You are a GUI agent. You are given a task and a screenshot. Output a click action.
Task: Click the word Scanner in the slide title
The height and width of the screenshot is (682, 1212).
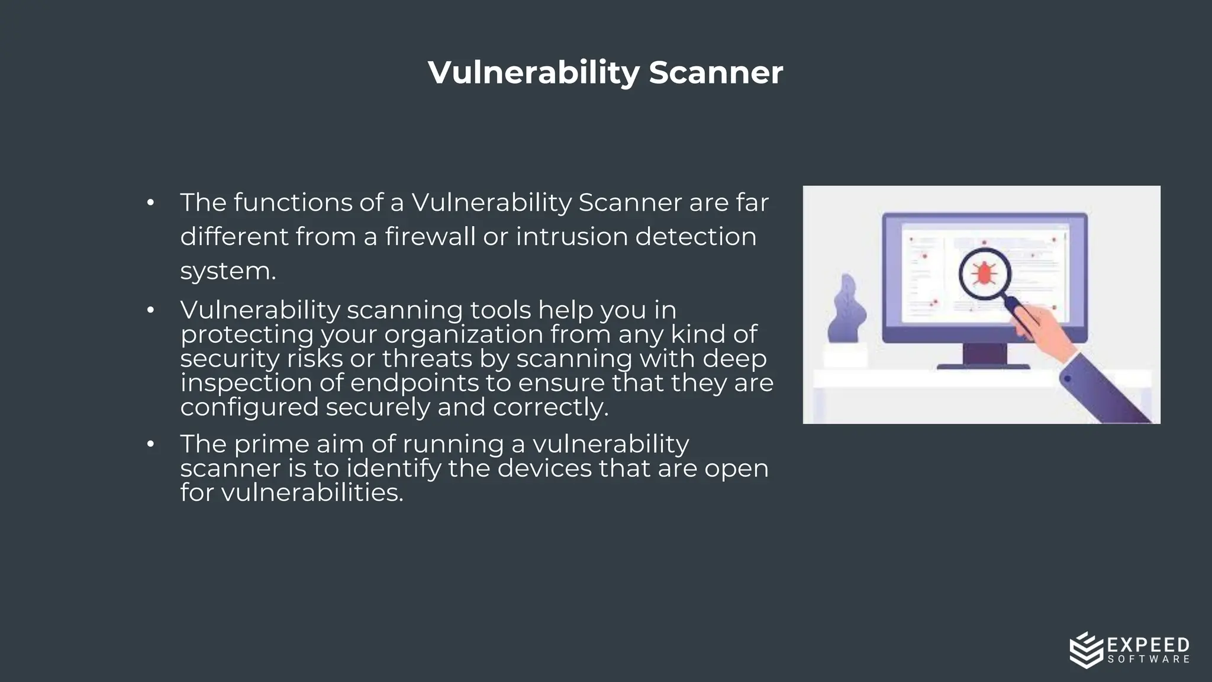click(x=715, y=73)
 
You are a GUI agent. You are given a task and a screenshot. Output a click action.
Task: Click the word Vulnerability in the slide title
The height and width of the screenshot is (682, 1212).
click(x=533, y=73)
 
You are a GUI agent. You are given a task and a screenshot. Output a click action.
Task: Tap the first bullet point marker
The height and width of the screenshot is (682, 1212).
click(x=150, y=203)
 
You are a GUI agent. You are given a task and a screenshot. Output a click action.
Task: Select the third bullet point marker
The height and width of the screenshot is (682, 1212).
click(x=150, y=444)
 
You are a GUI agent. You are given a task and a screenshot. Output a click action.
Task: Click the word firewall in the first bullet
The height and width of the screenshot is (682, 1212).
click(x=430, y=236)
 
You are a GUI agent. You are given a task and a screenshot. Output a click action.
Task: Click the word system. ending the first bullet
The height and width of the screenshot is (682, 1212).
click(x=228, y=271)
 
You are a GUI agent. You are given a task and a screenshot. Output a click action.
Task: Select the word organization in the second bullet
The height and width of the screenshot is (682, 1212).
click(x=463, y=334)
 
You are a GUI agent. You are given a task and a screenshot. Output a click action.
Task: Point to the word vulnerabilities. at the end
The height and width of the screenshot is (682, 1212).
click(x=312, y=493)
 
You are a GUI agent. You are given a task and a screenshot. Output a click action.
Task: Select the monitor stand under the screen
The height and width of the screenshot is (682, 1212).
click(x=984, y=356)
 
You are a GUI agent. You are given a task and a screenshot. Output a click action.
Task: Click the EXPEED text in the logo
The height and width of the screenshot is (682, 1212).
click(x=1147, y=645)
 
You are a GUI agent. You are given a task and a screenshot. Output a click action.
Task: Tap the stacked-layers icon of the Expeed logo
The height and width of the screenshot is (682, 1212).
click(x=1087, y=649)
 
